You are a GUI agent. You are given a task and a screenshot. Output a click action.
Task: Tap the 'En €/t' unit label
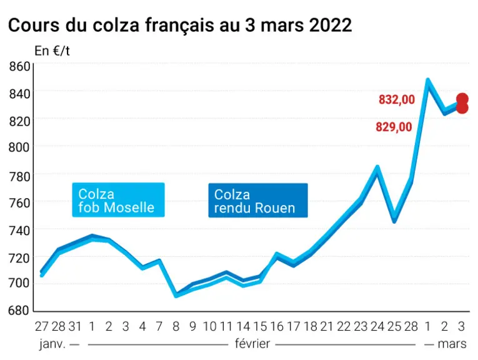click(52, 51)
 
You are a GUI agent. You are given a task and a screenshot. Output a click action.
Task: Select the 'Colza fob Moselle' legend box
click(118, 200)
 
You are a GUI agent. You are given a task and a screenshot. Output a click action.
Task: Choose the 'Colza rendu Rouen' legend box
click(258, 200)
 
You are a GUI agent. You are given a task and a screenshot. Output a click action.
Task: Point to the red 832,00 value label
click(397, 99)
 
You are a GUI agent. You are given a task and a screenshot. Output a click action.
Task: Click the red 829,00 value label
click(394, 127)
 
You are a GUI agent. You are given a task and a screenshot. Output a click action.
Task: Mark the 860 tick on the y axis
click(19, 66)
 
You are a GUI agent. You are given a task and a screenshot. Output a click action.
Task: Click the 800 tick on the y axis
click(19, 147)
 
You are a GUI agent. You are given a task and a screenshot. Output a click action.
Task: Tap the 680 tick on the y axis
click(19, 311)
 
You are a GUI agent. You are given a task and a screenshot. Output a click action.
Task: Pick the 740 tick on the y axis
click(19, 231)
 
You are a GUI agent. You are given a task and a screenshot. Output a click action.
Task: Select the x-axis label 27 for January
click(42, 326)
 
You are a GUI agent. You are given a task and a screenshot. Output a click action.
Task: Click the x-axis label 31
click(75, 326)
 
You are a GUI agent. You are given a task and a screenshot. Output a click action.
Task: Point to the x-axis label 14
click(243, 326)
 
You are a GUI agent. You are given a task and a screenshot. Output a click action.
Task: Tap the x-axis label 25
click(394, 326)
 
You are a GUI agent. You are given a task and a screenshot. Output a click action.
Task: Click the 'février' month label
click(252, 344)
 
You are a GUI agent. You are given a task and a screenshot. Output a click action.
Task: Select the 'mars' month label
click(452, 344)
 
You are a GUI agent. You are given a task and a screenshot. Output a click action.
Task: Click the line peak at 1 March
click(428, 80)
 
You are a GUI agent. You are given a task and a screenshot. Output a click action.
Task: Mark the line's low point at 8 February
click(176, 296)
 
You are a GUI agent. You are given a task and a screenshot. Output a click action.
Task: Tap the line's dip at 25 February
click(394, 220)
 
